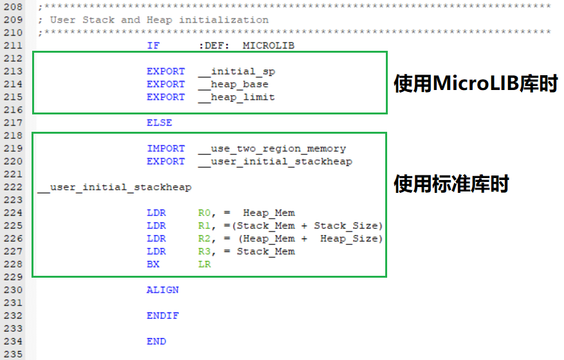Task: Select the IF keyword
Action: pyautogui.click(x=153, y=46)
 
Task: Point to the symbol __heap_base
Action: pyautogui.click(x=233, y=84)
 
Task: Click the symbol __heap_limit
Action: pyautogui.click(x=236, y=97)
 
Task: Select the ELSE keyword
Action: pyautogui.click(x=159, y=123)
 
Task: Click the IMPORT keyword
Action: pyautogui.click(x=166, y=148)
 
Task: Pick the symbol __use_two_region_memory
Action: pyautogui.click(x=271, y=148)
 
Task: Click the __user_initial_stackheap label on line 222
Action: pyautogui.click(x=114, y=187)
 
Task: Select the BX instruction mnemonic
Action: pyautogui.click(x=153, y=264)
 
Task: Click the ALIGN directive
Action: pyautogui.click(x=163, y=290)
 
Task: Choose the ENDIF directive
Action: pyautogui.click(x=163, y=316)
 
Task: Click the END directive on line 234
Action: pyautogui.click(x=156, y=341)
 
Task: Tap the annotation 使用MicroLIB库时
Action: pyautogui.click(x=475, y=84)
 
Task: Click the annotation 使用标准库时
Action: pyautogui.click(x=451, y=184)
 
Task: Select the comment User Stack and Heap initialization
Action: pyautogui.click(x=159, y=20)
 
